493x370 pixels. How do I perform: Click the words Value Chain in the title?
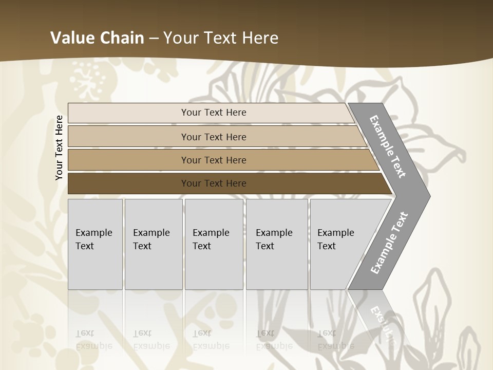coord(97,38)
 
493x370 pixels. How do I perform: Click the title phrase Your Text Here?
coord(221,38)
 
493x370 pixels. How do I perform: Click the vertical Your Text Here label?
coord(59,147)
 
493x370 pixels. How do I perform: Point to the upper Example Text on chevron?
coord(388,146)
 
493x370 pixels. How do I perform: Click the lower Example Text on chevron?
coord(389,243)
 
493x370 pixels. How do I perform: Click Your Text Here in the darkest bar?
coord(214,183)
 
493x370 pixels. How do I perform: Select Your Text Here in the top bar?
coord(214,113)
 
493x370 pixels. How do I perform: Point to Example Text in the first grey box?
coord(93,239)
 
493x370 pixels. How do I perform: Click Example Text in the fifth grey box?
coord(335,239)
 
